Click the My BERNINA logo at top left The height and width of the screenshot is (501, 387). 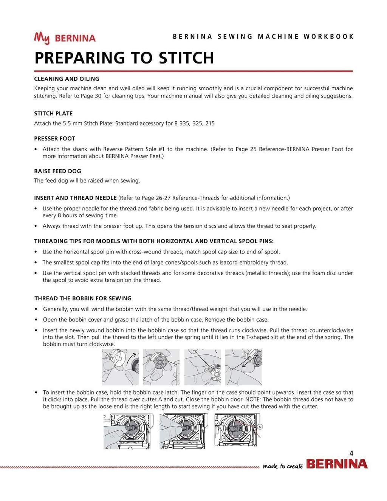click(65, 38)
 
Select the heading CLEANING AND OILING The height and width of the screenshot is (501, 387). click(67, 79)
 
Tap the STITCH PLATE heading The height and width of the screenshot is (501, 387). click(53, 113)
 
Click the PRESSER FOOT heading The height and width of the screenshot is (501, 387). click(54, 139)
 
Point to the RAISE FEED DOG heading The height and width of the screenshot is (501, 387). click(57, 171)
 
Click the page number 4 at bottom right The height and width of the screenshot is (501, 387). click(351, 453)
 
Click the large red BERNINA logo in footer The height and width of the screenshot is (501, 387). click(337, 464)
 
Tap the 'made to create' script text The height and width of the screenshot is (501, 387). click(283, 466)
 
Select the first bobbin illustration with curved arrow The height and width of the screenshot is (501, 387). click(120, 367)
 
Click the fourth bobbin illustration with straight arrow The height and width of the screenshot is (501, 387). click(243, 367)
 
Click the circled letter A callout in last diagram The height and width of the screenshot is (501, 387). click(260, 427)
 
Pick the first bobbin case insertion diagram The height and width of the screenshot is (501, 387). click(128, 431)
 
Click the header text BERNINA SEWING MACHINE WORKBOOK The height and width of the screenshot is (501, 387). click(263, 37)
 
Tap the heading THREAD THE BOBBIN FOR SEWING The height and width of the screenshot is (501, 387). click(83, 298)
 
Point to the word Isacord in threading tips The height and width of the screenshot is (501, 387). click(229, 262)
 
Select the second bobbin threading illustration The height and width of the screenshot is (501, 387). click(161, 367)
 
